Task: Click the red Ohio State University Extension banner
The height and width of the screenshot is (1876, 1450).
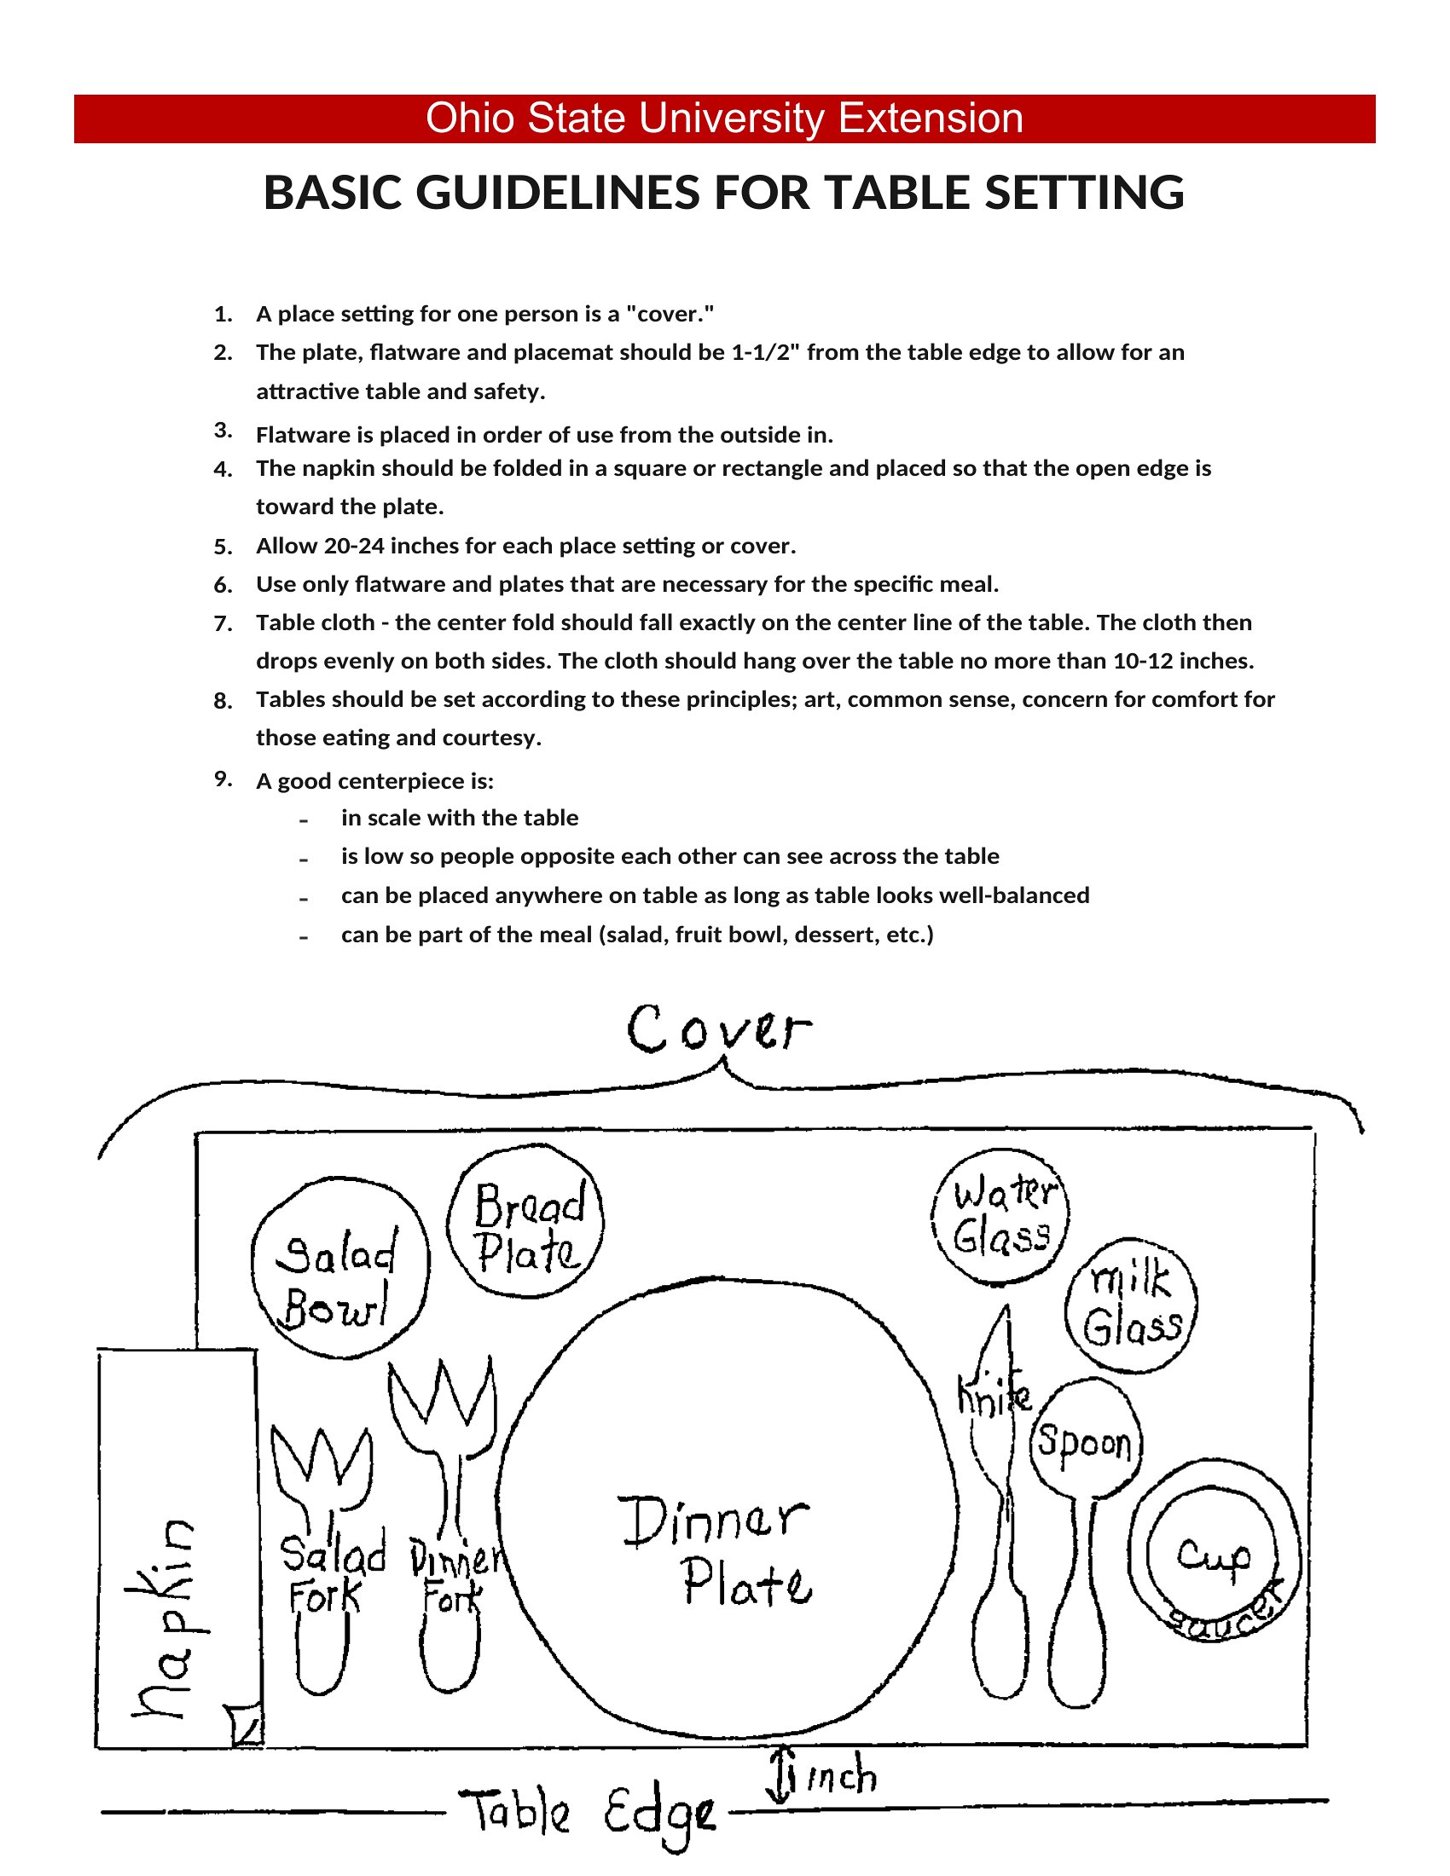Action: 724,119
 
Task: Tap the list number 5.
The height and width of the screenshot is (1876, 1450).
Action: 223,547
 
